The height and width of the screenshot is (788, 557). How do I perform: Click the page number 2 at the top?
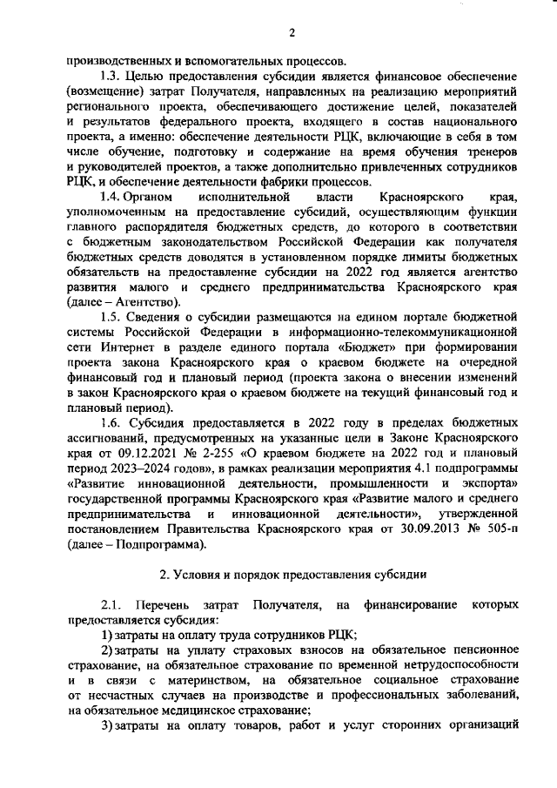pos(292,33)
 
